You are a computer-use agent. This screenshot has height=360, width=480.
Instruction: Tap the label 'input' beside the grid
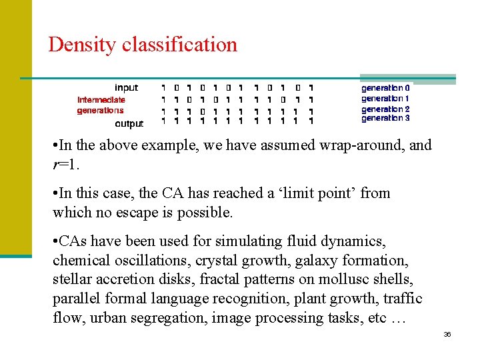click(x=126, y=87)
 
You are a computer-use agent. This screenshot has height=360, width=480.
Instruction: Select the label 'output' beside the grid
click(x=129, y=123)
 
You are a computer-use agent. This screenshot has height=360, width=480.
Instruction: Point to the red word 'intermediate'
click(x=101, y=100)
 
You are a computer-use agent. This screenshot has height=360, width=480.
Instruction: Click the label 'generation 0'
click(x=385, y=87)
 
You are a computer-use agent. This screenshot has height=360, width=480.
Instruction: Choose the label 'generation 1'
click(x=385, y=98)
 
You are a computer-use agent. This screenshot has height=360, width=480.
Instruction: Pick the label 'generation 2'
click(x=385, y=109)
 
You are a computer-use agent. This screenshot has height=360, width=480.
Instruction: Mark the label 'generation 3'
click(x=385, y=118)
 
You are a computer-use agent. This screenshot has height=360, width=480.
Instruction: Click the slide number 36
click(x=447, y=334)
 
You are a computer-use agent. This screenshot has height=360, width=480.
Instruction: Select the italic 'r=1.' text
click(x=65, y=164)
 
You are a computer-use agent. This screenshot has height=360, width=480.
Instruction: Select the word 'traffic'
click(x=400, y=298)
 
